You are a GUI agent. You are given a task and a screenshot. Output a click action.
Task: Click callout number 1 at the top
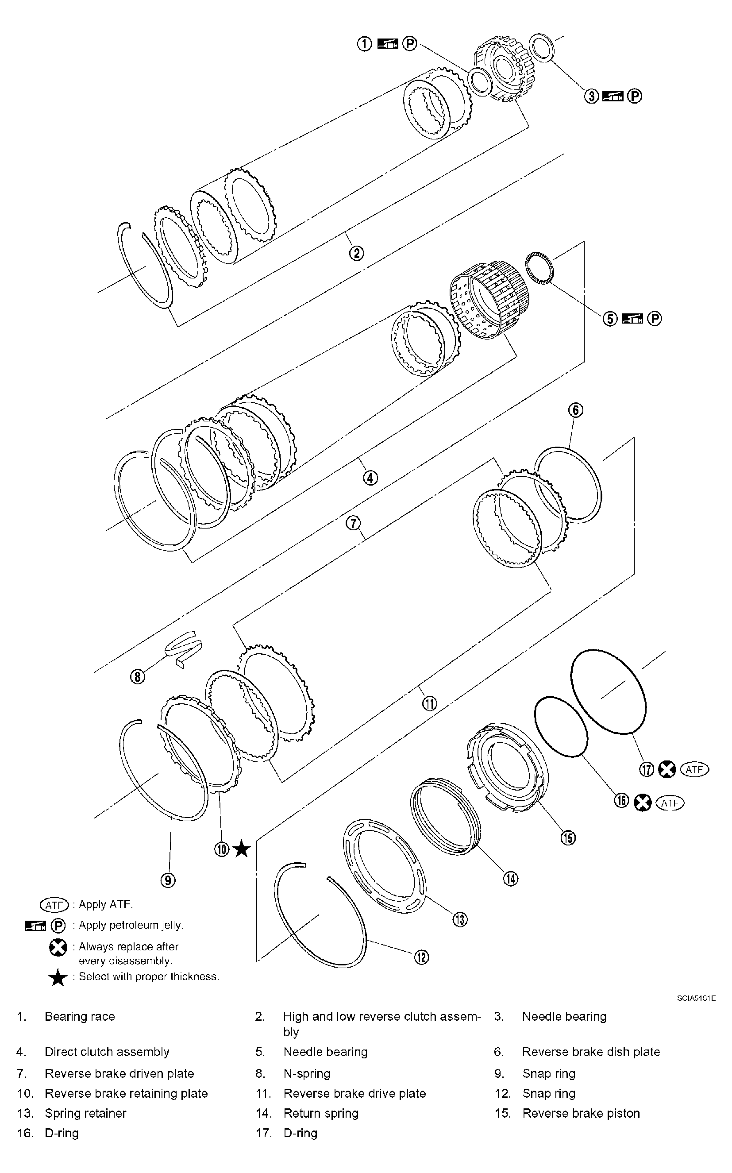tap(365, 44)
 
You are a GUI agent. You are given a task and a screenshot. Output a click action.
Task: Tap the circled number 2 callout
tap(356, 253)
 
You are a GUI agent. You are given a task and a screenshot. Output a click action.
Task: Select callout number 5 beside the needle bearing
tap(610, 319)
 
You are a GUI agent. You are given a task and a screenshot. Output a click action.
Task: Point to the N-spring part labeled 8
tap(184, 649)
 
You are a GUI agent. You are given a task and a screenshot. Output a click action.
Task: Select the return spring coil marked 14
tap(445, 818)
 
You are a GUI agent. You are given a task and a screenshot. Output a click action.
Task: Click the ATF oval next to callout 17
tap(694, 769)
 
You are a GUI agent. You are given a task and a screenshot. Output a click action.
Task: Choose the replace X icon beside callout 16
tap(643, 803)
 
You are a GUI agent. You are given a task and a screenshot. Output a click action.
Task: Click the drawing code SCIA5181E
tap(696, 998)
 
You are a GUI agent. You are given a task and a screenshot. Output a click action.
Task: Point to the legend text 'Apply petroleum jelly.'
tap(131, 925)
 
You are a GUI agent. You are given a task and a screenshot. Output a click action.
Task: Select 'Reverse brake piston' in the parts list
tap(581, 1113)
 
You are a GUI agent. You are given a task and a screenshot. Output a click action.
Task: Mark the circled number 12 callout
tap(421, 957)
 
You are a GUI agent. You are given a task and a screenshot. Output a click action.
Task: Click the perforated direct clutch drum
tap(489, 300)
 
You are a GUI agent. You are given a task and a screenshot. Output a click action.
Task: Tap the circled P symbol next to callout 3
tap(635, 96)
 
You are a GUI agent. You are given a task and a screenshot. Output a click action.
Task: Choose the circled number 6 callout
tap(576, 410)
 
